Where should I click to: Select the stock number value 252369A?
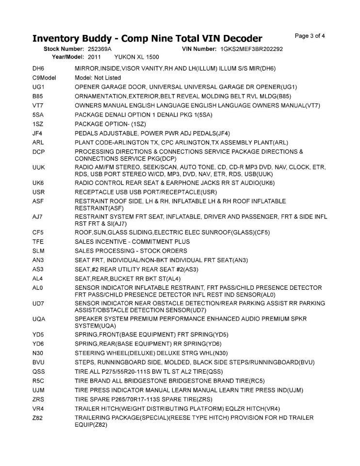coord(100,50)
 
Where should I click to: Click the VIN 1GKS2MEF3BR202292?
coord(251,50)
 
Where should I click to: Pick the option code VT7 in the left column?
coord(38,105)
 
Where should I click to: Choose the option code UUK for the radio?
coord(39,167)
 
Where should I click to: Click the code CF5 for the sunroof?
coord(38,233)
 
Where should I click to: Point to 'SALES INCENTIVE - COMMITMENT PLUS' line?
coord(132,242)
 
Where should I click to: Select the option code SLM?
coord(39,251)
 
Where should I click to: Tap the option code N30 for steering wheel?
coord(38,353)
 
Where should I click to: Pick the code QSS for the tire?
coord(39,371)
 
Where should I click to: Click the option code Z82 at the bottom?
coord(38,418)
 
